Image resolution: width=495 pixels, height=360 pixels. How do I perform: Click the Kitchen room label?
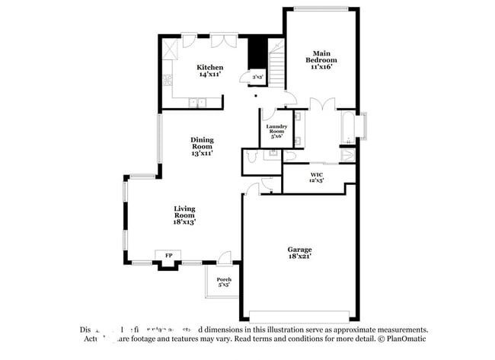(x=210, y=68)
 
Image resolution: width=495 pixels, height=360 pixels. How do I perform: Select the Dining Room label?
(x=202, y=142)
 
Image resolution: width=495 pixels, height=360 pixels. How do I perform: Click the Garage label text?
(x=299, y=250)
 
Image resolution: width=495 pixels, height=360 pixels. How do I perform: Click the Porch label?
(x=224, y=279)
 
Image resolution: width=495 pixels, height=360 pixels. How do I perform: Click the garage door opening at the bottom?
(x=300, y=316)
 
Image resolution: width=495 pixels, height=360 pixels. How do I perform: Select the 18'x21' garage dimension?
(x=299, y=257)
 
